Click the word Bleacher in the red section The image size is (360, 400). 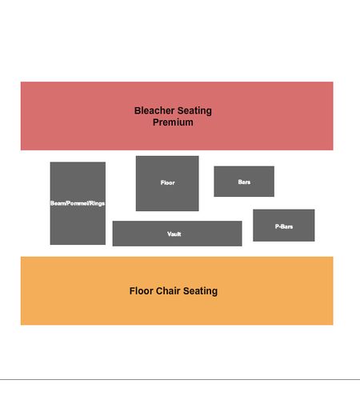point(154,110)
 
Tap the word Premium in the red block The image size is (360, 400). point(173,122)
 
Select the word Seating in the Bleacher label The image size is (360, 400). point(194,111)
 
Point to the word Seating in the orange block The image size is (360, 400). point(200,291)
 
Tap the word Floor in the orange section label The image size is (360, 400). point(141,290)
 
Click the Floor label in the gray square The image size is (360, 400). point(167,182)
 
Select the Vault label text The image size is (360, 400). point(174,234)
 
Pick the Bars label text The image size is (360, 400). point(244,182)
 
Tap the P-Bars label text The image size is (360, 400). point(284,226)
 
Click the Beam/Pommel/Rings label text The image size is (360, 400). point(78,203)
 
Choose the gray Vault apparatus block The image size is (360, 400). point(177,234)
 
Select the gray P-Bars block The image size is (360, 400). point(284,226)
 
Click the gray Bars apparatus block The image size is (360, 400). point(244,182)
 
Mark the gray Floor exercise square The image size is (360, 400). point(167,183)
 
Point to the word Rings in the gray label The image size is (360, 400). point(97,203)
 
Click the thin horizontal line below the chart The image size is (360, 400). point(180,379)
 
